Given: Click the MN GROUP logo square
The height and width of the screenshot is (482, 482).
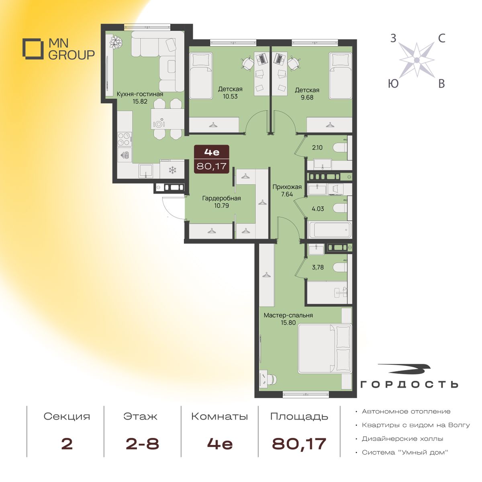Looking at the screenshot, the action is (x=31, y=49).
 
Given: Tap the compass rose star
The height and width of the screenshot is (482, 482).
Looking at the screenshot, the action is (x=417, y=60).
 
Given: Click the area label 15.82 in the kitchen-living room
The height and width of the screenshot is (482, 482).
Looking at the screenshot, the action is (x=140, y=102).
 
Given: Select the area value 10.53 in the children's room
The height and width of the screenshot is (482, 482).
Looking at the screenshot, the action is (x=230, y=96).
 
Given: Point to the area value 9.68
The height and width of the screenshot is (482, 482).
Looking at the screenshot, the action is (x=307, y=98).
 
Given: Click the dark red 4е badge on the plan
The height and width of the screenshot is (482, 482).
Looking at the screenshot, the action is (x=212, y=159).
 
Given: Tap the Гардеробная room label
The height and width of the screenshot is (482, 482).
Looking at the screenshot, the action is (x=221, y=198).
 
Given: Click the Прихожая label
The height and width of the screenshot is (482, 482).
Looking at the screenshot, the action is (x=287, y=187).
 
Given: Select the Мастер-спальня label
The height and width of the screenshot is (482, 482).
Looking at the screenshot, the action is (x=288, y=315).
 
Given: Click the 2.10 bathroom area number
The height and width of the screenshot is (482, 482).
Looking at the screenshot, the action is (x=317, y=147).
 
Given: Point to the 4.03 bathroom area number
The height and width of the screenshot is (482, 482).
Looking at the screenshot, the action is (x=318, y=208).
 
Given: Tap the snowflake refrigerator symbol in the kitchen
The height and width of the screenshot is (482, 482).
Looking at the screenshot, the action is (x=172, y=170).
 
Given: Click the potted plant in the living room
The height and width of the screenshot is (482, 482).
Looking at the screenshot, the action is (x=116, y=41).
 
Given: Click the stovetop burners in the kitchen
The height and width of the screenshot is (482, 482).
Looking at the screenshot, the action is (x=125, y=139).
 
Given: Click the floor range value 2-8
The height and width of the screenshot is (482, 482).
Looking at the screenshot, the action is (x=142, y=444).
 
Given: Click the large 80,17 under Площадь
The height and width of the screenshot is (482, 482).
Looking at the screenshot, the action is (x=299, y=444).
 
